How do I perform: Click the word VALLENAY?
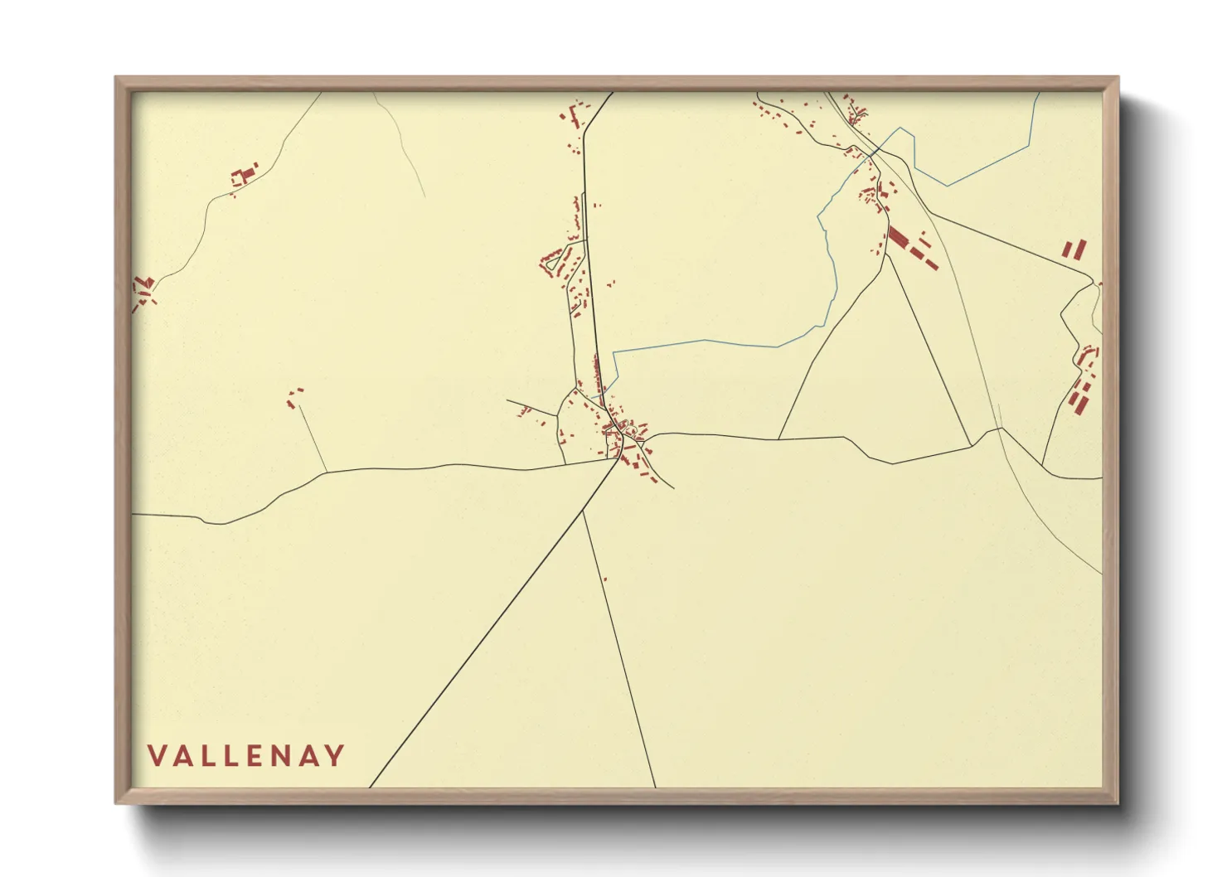tap(246, 755)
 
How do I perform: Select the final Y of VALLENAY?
tap(335, 755)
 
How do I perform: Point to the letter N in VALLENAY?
tap(281, 755)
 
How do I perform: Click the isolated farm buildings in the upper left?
tap(243, 176)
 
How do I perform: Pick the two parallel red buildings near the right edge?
tap(1074, 249)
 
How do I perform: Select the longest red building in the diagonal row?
tap(898, 235)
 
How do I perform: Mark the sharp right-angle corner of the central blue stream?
tap(613, 351)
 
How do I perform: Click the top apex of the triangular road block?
tap(887, 254)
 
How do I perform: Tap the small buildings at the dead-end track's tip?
tap(294, 396)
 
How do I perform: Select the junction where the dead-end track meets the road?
tap(326, 472)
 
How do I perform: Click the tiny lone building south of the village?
tap(605, 579)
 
